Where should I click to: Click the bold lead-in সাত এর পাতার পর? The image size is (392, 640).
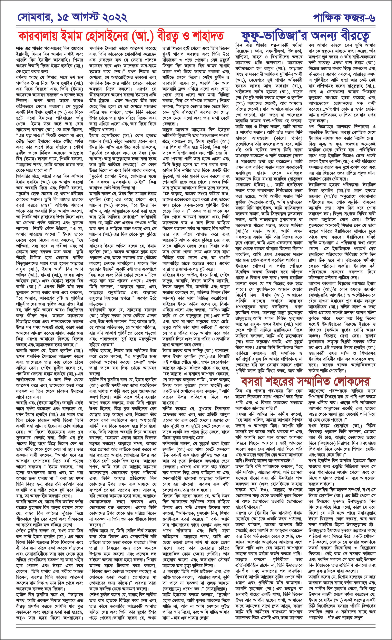(x=29, y=49)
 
